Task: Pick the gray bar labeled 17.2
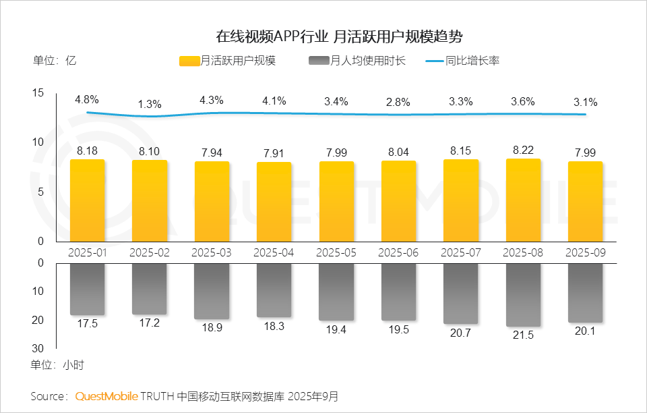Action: [x=150, y=289]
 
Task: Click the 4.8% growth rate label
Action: [x=87, y=99]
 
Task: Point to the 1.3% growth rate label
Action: [x=150, y=104]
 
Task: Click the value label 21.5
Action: [x=523, y=335]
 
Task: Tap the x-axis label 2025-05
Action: [x=336, y=252]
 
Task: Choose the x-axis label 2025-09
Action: [x=585, y=252]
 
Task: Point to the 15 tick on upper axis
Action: [x=38, y=93]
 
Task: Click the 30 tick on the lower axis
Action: [x=38, y=348]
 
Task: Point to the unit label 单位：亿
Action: [x=54, y=60]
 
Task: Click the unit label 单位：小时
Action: [x=57, y=365]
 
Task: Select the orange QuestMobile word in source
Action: [x=106, y=395]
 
